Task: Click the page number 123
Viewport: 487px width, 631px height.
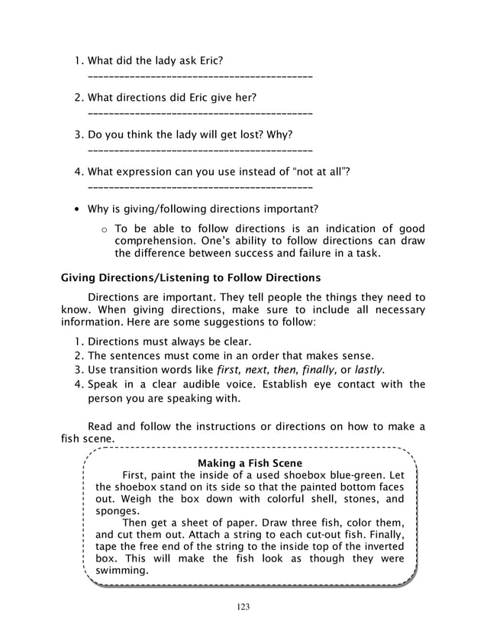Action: [x=243, y=607]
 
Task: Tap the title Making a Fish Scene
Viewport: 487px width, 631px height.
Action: [x=250, y=463]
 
